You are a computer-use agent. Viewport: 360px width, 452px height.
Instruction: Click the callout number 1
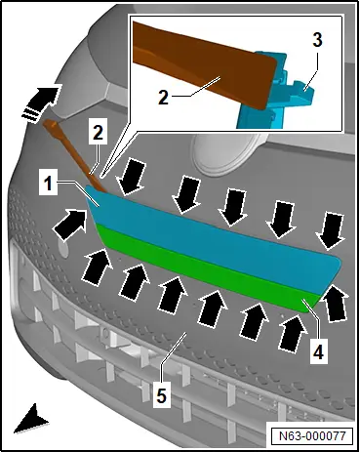[48, 184]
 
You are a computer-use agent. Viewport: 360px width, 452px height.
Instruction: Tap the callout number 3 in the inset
[317, 40]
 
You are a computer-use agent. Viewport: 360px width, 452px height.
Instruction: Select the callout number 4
[318, 351]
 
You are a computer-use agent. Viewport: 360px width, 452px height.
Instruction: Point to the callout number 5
[162, 395]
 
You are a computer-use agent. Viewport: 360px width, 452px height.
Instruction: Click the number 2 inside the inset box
[163, 97]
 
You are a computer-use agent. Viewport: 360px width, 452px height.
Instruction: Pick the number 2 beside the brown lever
[98, 133]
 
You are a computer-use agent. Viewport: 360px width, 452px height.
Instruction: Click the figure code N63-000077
[312, 435]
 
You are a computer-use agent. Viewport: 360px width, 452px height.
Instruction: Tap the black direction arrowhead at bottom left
[31, 419]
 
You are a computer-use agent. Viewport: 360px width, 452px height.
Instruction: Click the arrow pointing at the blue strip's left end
[70, 225]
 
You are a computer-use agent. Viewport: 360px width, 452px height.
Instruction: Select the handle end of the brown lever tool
[51, 125]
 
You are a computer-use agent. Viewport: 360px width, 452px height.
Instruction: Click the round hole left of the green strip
[63, 248]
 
